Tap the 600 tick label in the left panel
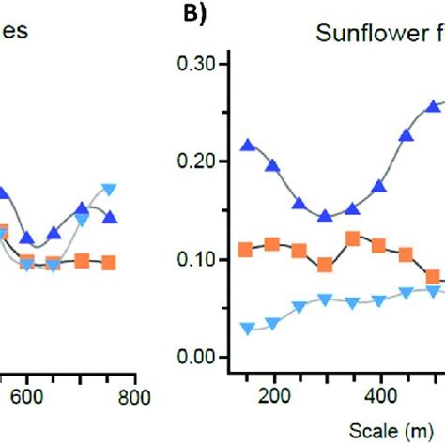(x=27, y=395)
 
